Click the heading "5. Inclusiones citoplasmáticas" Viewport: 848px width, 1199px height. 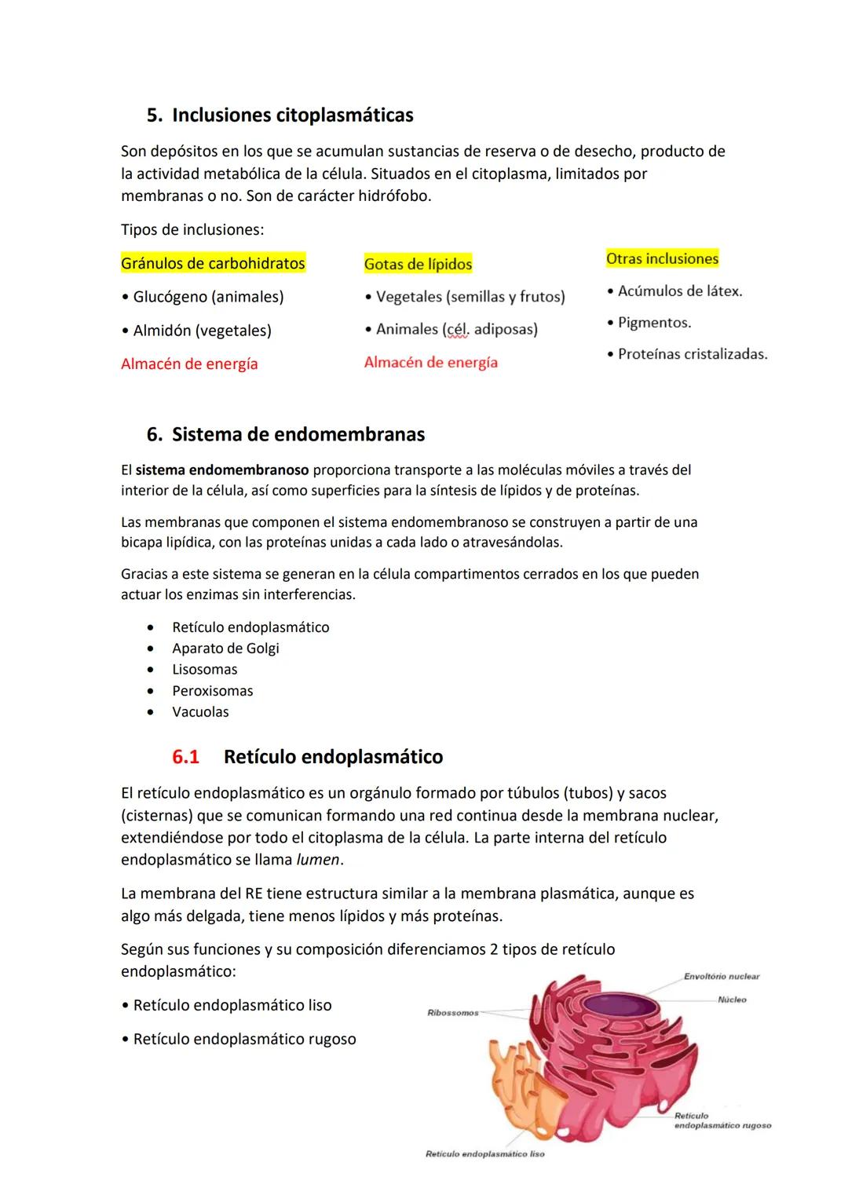pos(280,115)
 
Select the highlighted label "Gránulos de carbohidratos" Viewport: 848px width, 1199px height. pos(213,264)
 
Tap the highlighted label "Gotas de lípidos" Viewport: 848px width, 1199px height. pos(418,265)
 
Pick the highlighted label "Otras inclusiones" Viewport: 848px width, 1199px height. pos(662,259)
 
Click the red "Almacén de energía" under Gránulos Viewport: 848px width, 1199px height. pos(189,364)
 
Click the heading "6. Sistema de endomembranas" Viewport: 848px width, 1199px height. pos(286,435)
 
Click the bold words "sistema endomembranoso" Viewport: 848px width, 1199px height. pos(222,470)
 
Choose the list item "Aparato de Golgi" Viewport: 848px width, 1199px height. pos(225,649)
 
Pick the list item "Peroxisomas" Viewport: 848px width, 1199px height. pos(212,691)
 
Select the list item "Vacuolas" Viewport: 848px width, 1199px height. pos(200,712)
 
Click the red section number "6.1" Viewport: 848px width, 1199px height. pos(185,757)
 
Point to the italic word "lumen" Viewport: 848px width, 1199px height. pos(318,860)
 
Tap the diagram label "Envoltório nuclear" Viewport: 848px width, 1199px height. pos(721,977)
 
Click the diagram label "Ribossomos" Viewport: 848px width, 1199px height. pos(452,1013)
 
